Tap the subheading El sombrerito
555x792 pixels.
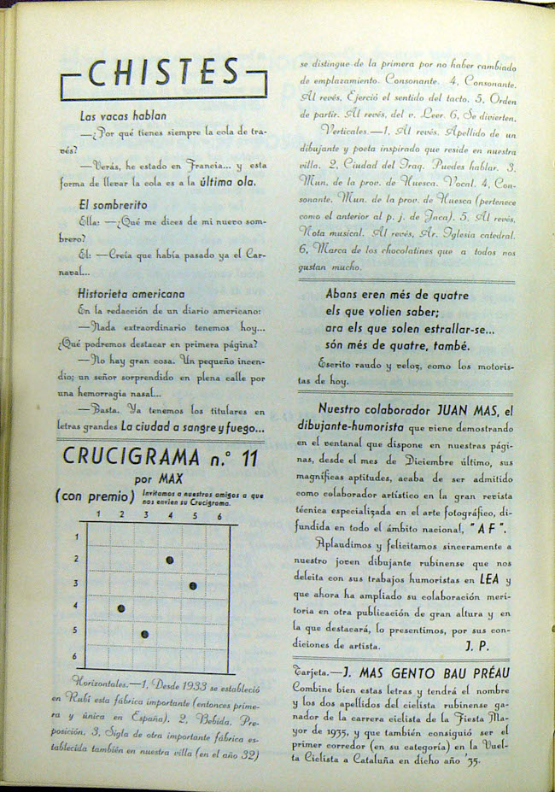113,205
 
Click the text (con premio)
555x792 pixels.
95,496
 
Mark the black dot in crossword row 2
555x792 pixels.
170,560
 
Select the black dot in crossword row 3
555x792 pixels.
193,585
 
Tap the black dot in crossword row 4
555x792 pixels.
121,608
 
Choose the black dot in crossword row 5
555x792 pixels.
144,633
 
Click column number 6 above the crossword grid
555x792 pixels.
219,516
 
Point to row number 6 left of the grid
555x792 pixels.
75,656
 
